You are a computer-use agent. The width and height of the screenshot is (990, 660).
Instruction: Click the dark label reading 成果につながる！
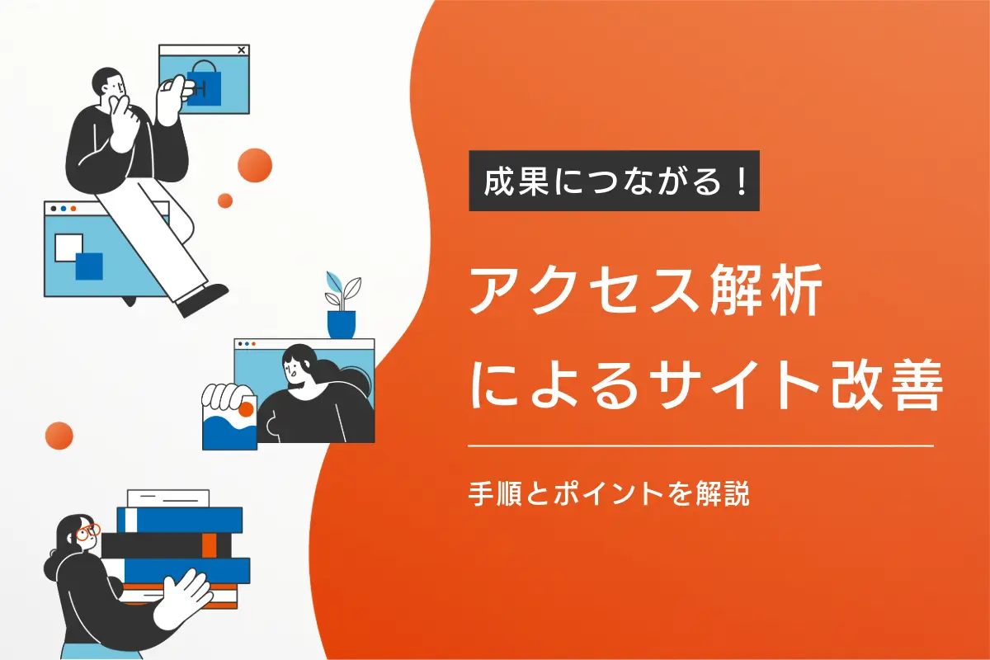click(x=614, y=181)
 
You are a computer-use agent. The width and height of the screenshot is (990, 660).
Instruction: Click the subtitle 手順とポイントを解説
click(x=608, y=494)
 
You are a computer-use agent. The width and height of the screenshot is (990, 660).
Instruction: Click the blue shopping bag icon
click(x=203, y=84)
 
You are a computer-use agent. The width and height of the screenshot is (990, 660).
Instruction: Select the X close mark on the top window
click(x=241, y=50)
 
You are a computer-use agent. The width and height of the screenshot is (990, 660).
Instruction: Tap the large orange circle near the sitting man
click(x=255, y=165)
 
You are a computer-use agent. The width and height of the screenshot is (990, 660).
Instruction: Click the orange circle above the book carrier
click(x=59, y=435)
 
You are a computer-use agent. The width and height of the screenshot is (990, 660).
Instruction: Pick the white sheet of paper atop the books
click(x=167, y=497)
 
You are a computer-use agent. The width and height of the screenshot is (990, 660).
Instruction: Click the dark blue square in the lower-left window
click(x=89, y=266)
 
